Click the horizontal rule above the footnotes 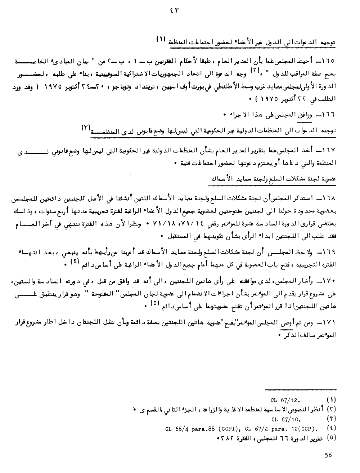(x=301, y=389)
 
